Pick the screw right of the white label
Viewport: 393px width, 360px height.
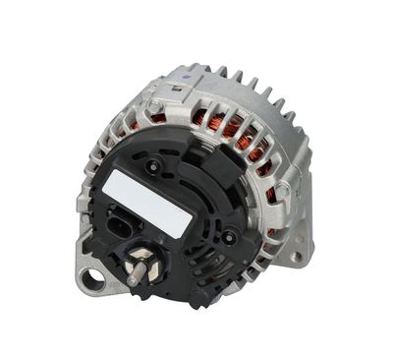[x=228, y=237]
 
